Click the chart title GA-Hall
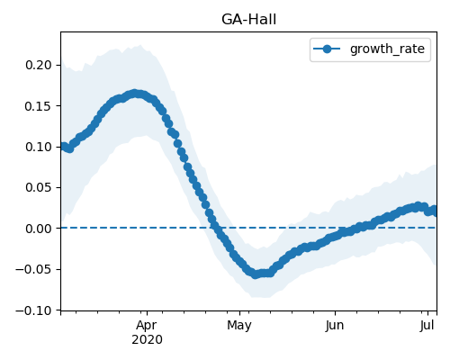pyautogui.click(x=248, y=20)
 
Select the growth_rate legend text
pyautogui.click(x=387, y=49)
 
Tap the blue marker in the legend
pyautogui.click(x=327, y=49)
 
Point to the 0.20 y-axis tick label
pyautogui.click(x=39, y=65)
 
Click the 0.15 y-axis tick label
pyautogui.click(x=39, y=106)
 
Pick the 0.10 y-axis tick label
pyautogui.click(x=39, y=147)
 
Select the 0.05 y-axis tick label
pyautogui.click(x=39, y=187)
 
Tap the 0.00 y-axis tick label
pyautogui.click(x=39, y=229)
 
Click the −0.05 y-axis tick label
pyautogui.click(x=33, y=269)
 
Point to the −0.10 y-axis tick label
pyautogui.click(x=33, y=310)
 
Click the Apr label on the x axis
pyautogui.click(x=147, y=326)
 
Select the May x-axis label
pyautogui.click(x=239, y=326)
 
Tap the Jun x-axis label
pyautogui.click(x=335, y=325)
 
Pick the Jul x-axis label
pyautogui.click(x=427, y=325)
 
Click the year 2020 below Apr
pyautogui.click(x=147, y=339)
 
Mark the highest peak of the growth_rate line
pyautogui.click(x=134, y=94)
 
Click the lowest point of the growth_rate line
pyautogui.click(x=255, y=274)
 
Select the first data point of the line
pyautogui.click(x=62, y=147)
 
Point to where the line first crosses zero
pyautogui.click(x=216, y=228)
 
